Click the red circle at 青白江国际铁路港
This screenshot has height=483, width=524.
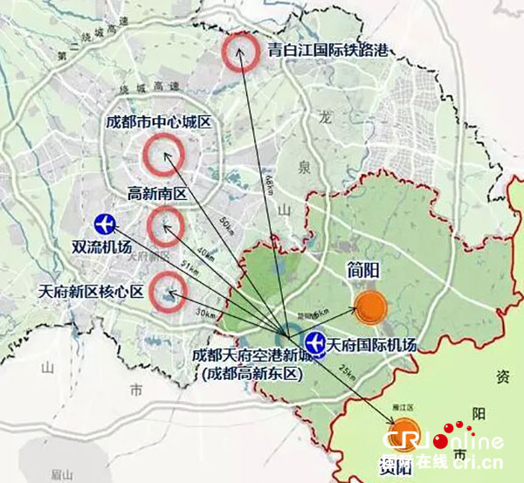point(238,52)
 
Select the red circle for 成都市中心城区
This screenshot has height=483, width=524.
point(165,155)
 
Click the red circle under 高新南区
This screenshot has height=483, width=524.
point(163,227)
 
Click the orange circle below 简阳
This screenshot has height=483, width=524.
point(371,307)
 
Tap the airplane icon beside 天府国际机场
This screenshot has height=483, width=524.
point(315,342)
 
